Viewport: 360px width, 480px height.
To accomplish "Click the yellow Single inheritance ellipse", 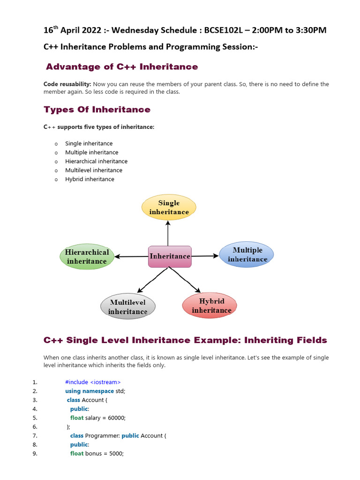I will tap(169, 207).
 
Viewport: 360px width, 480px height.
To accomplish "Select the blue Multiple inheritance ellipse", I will tap(247, 255).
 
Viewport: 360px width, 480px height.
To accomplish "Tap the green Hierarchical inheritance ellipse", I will tap(87, 256).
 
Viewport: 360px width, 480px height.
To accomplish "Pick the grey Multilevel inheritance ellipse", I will tap(127, 307).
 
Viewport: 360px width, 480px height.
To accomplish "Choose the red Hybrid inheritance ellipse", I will tap(210, 306).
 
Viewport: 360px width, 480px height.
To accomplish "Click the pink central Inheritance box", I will tap(170, 256).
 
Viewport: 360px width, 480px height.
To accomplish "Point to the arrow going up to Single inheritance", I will tap(168, 232).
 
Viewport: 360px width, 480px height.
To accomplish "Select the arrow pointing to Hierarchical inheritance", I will tap(131, 257).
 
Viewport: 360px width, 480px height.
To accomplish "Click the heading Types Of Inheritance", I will tap(97, 110).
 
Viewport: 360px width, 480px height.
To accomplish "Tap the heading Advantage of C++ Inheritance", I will tap(122, 67).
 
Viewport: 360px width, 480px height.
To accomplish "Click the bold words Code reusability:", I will tap(67, 84).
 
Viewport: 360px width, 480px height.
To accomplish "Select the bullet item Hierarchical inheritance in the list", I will tap(96, 161).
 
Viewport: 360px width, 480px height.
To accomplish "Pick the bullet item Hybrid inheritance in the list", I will tap(90, 179).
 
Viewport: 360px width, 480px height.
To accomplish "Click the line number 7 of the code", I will tap(35, 435).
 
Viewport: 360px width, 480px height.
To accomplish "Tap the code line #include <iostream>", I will tap(93, 382).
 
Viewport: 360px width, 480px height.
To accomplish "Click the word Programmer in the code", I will tap(101, 435).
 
